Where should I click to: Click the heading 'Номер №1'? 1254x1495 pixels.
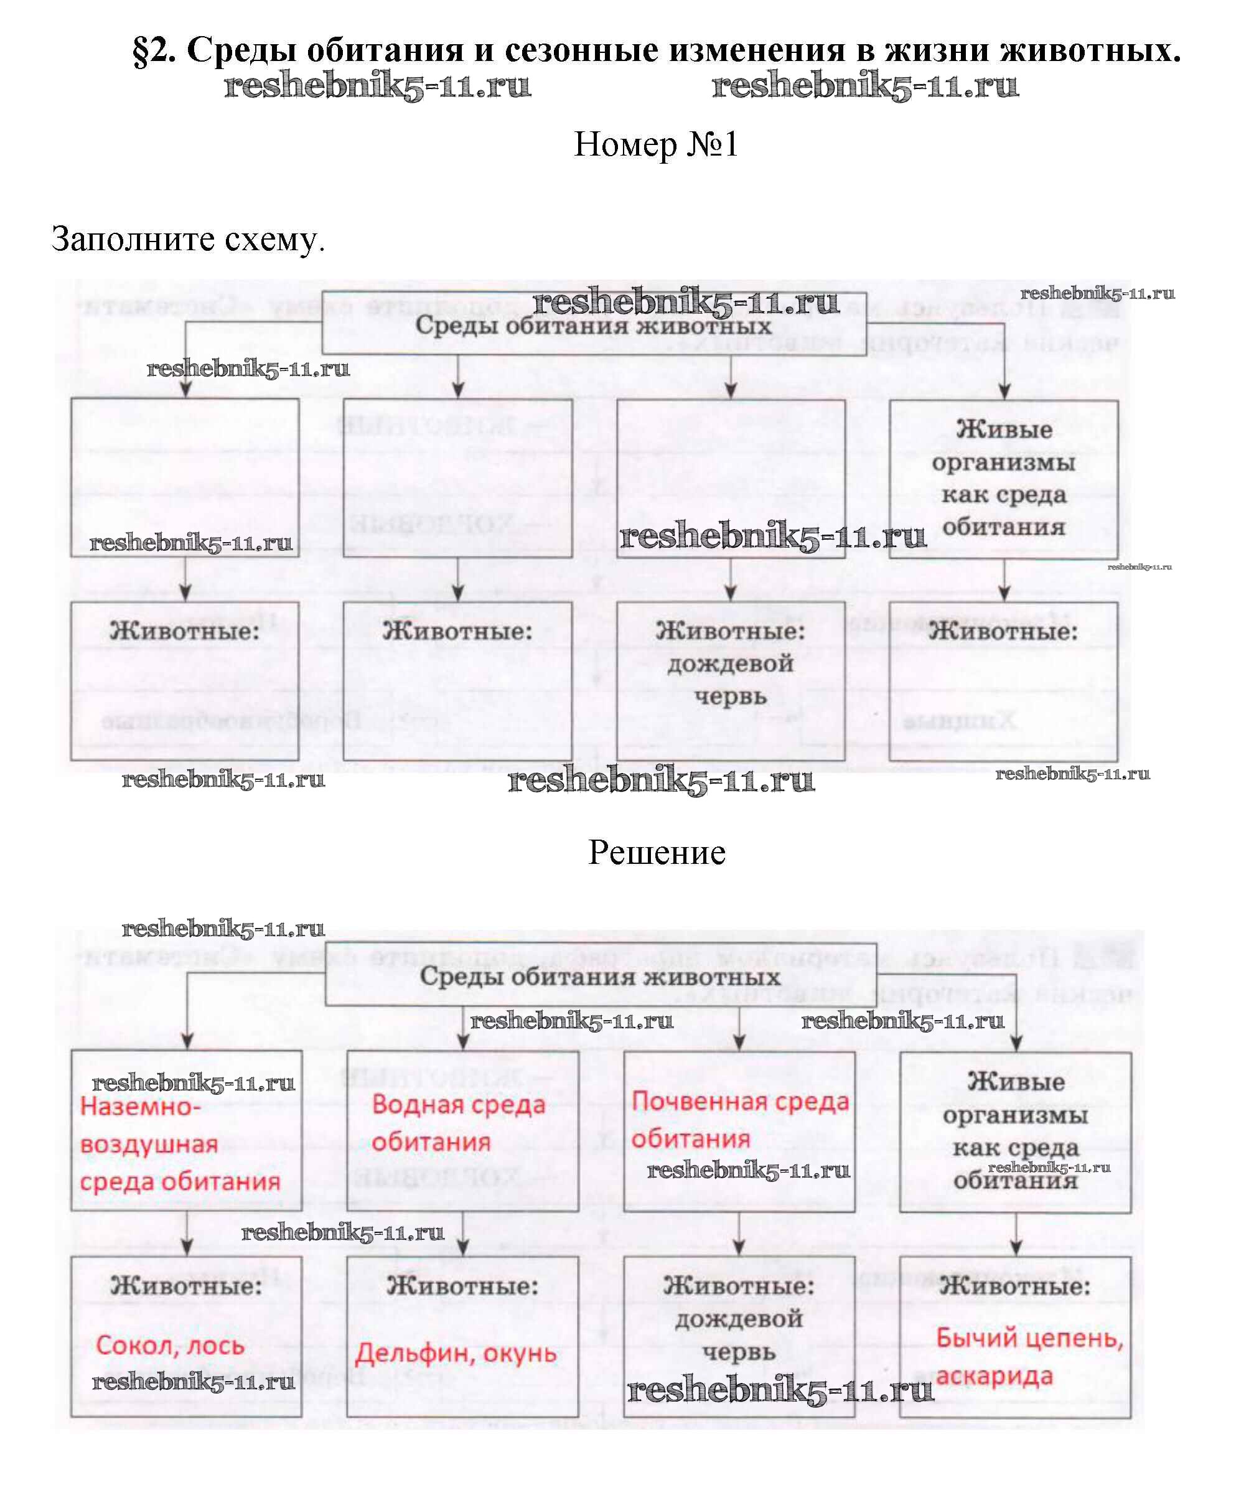[655, 144]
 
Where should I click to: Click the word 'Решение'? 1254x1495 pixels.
[656, 852]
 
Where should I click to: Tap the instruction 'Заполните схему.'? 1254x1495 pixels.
[188, 239]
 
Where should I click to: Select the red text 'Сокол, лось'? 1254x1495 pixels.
[170, 1346]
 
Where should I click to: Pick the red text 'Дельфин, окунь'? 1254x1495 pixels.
[456, 1352]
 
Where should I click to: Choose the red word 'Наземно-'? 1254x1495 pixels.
[140, 1107]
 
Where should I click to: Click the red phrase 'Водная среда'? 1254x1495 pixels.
[458, 1104]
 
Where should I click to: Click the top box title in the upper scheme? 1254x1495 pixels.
[594, 326]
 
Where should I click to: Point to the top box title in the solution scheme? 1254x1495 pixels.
[600, 976]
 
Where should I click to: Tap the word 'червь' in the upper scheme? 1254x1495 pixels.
[730, 696]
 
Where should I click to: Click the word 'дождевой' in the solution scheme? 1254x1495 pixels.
[739, 1319]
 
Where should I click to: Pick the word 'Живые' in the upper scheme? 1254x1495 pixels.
[1003, 429]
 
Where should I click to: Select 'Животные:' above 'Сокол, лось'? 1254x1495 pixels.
[187, 1286]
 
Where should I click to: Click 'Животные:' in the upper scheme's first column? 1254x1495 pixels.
[185, 632]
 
